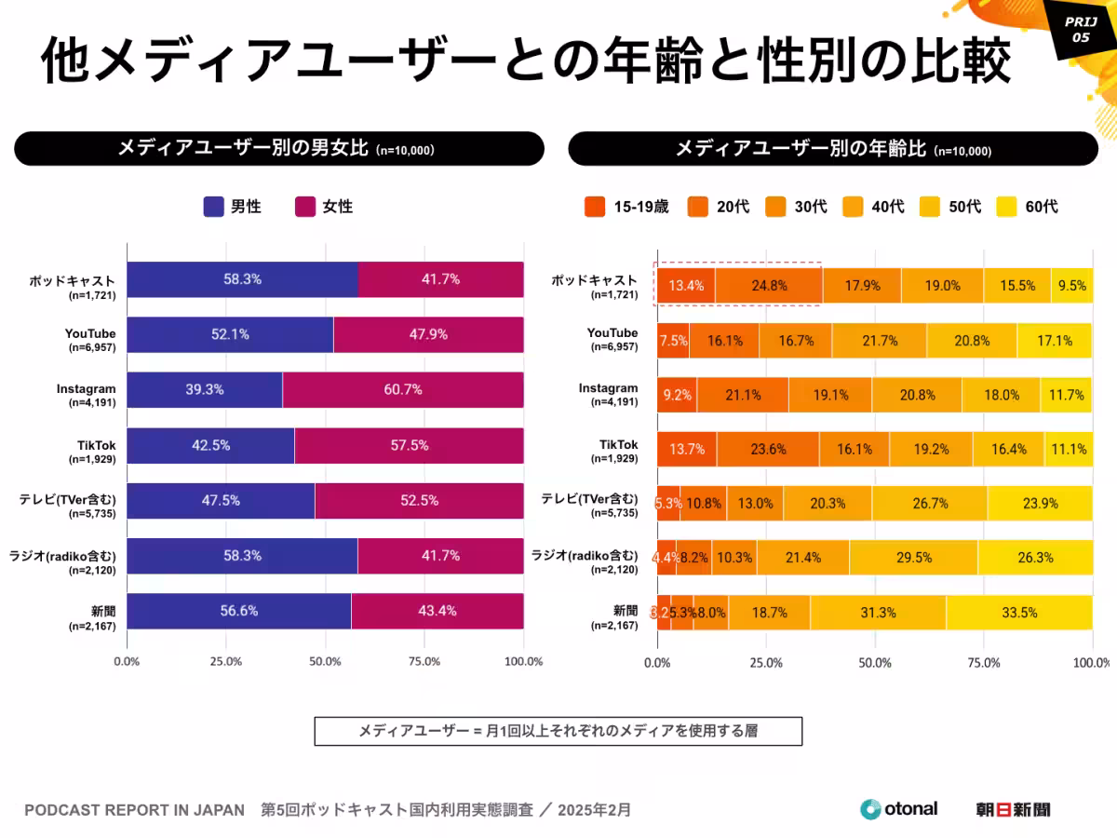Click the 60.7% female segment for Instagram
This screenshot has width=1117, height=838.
[x=402, y=390]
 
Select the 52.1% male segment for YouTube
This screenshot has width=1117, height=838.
[x=230, y=335]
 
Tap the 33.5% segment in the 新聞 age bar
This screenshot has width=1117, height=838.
[x=1019, y=612]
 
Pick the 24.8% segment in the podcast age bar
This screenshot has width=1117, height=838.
[x=769, y=286]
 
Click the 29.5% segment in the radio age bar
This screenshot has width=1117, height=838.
[x=913, y=557]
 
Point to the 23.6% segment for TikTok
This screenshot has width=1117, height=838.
[x=768, y=449]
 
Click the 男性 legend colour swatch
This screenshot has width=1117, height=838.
[x=213, y=207]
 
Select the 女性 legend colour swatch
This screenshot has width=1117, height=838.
[x=304, y=207]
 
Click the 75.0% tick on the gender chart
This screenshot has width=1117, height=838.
[x=424, y=662]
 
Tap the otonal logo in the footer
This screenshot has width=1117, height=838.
[x=898, y=809]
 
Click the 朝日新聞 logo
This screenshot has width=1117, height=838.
[x=1013, y=809]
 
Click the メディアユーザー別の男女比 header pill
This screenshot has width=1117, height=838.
[x=279, y=149]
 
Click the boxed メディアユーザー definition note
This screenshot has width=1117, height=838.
[x=558, y=731]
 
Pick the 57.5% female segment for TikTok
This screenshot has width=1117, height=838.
[x=409, y=445]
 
